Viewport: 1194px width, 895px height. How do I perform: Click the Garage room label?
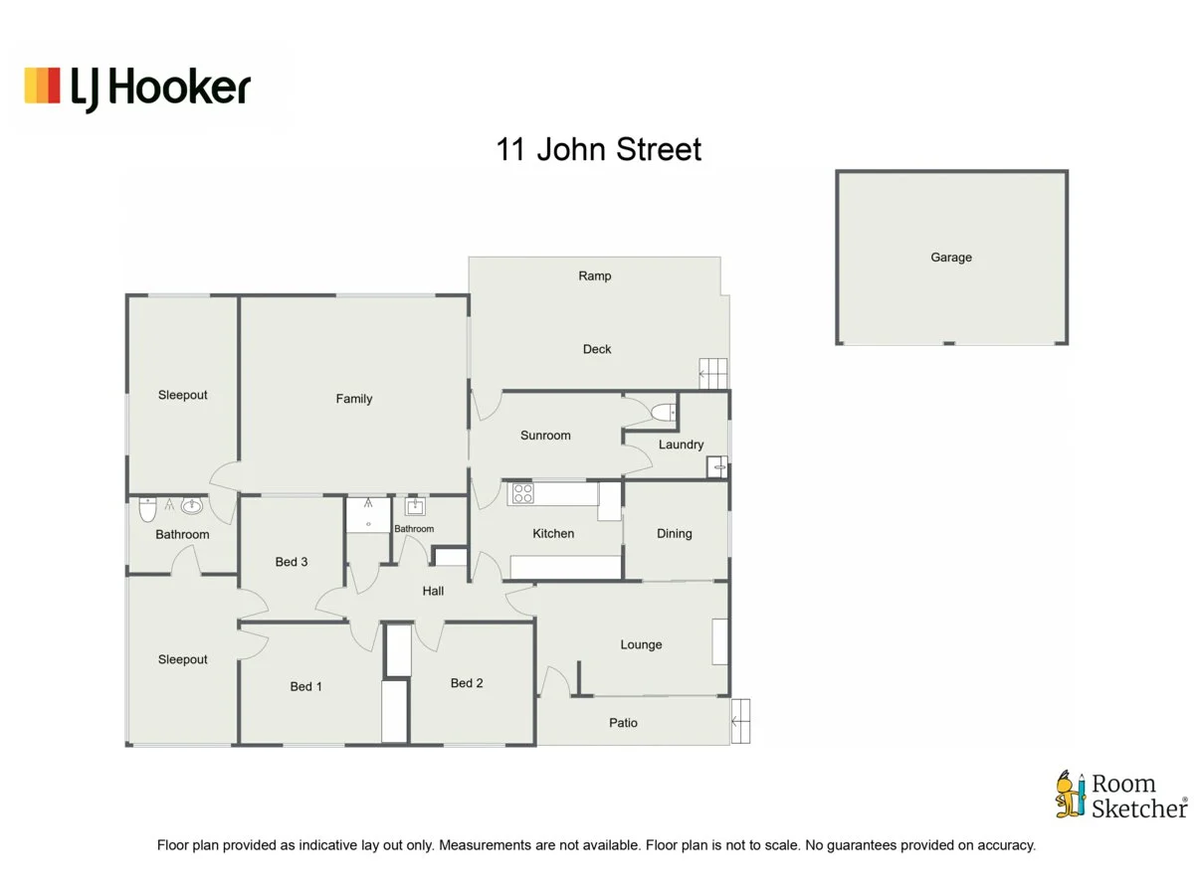point(951,257)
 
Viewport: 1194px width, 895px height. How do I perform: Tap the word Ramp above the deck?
point(595,276)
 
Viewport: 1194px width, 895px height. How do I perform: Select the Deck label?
point(597,349)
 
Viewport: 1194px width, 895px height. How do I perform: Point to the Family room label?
point(354,399)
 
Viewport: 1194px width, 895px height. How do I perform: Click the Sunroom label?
point(545,436)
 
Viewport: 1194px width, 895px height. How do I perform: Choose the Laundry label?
point(681,445)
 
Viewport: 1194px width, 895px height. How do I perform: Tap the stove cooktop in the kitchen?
point(522,493)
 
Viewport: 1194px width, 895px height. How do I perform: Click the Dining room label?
point(674,534)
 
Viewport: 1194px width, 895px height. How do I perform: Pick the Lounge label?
point(641,644)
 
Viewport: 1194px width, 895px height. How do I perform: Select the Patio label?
point(623,723)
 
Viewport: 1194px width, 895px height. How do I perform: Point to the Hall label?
point(433,591)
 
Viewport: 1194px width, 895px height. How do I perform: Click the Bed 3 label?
point(291,562)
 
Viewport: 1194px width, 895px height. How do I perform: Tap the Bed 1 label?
point(305,687)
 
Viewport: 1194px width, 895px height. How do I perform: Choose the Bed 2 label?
point(467,683)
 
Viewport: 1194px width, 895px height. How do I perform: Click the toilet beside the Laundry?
point(664,413)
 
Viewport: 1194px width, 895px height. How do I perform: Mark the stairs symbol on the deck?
point(713,374)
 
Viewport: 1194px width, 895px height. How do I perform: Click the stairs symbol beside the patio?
point(740,721)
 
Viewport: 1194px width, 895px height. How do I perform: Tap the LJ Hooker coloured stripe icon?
point(42,86)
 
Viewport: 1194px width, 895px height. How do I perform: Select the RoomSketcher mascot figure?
point(1071,794)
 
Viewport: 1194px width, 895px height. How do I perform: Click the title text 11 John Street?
point(598,149)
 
